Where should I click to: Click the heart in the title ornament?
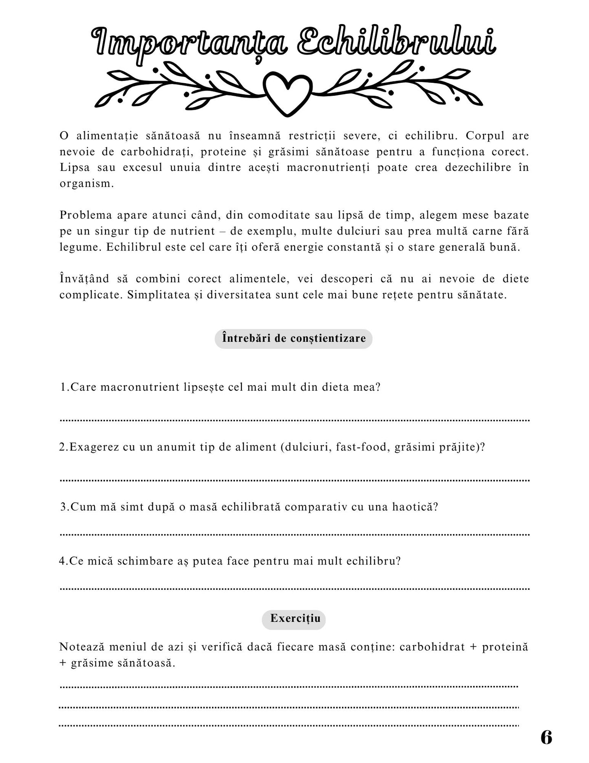[x=287, y=93]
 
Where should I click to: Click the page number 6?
[x=546, y=737]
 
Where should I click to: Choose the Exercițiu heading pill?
[x=294, y=618]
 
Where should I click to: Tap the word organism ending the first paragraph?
[x=86, y=184]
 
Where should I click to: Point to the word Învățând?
[x=84, y=279]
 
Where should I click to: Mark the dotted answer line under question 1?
[x=294, y=420]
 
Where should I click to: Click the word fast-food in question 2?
[x=361, y=447]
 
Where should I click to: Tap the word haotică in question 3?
[x=415, y=507]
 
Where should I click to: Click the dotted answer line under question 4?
[x=294, y=589]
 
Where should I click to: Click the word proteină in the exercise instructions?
[x=505, y=647]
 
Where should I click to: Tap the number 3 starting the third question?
[x=64, y=507]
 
